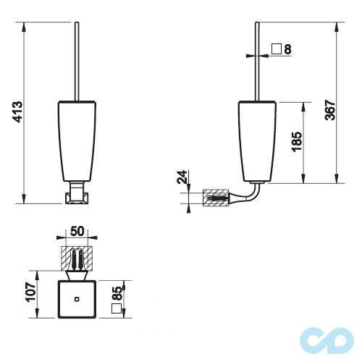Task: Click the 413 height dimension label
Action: (x=18, y=112)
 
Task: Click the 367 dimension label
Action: (x=330, y=110)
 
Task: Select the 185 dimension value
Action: (x=297, y=142)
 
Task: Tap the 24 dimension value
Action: (x=182, y=177)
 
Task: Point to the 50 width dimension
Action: (x=77, y=231)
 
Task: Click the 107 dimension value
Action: (x=31, y=291)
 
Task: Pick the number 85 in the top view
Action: (x=118, y=294)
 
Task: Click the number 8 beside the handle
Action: (x=287, y=49)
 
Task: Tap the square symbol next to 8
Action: (x=277, y=49)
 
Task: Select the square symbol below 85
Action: (x=117, y=308)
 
